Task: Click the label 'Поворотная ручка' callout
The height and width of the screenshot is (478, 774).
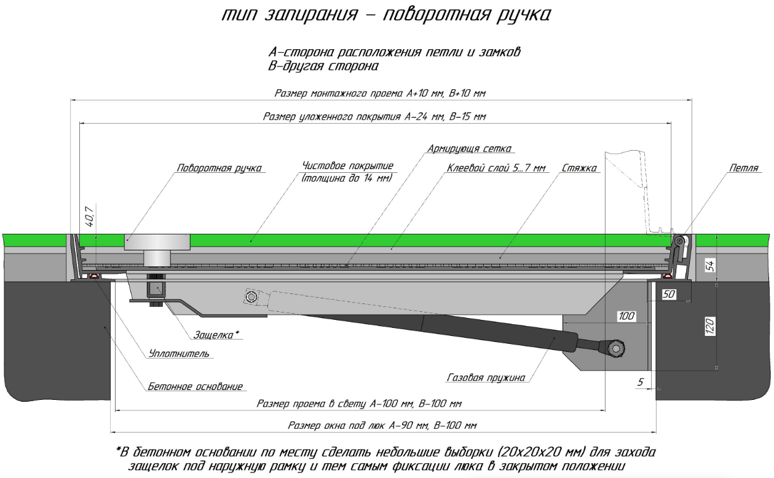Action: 219,168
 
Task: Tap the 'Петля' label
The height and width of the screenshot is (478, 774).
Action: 744,168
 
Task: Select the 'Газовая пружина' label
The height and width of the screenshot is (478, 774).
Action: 486,378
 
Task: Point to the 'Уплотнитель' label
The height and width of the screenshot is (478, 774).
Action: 179,354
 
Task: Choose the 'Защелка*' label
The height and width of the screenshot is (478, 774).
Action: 216,335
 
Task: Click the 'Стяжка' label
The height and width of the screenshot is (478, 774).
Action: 579,168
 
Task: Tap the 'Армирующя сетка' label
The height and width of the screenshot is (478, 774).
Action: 471,149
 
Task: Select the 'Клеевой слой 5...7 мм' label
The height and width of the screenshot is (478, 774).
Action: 497,168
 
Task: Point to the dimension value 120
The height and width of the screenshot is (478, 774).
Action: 709,325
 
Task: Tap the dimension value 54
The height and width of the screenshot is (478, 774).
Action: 709,265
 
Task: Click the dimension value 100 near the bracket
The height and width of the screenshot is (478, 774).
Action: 626,316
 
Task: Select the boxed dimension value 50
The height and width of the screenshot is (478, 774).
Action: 669,295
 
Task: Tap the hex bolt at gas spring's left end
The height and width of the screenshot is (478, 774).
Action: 251,298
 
